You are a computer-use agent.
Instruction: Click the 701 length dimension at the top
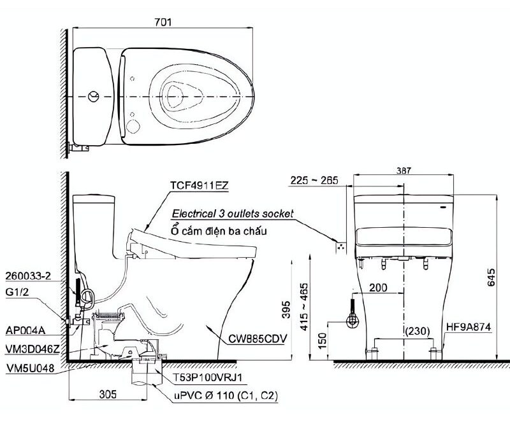[x=163, y=21]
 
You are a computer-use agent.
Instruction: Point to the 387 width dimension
[x=404, y=171]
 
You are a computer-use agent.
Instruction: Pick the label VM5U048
[x=29, y=368]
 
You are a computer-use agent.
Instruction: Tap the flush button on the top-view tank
[x=94, y=97]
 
